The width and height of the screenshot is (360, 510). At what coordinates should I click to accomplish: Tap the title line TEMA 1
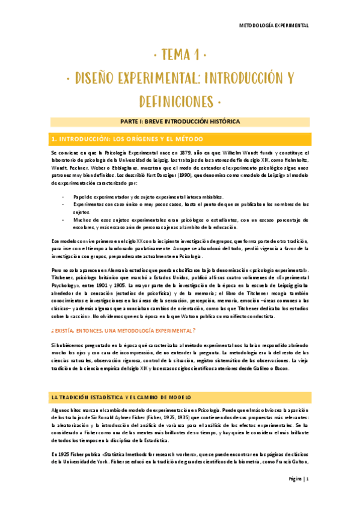tap(180, 56)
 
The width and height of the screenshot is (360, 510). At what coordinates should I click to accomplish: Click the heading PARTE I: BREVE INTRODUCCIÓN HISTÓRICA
tap(180, 121)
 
